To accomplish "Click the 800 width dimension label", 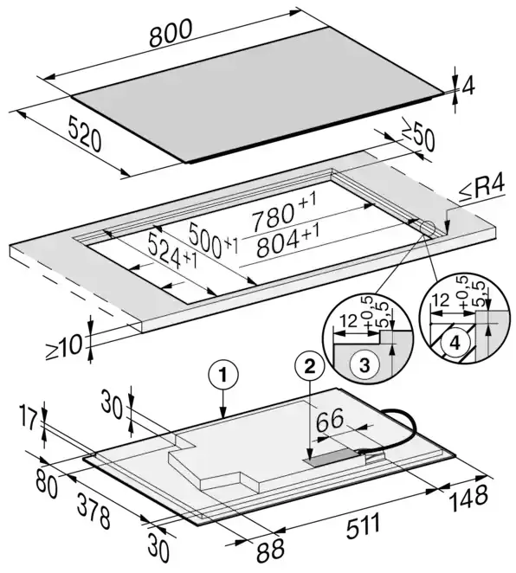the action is (x=171, y=33).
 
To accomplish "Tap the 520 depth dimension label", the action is (x=85, y=133).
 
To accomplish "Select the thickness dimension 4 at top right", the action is (x=468, y=87).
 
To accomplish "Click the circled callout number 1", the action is (x=223, y=375).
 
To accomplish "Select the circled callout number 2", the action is (x=310, y=366).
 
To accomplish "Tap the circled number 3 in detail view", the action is (x=364, y=365).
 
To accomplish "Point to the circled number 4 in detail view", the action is (x=455, y=343).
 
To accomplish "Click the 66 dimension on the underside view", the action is (x=330, y=421).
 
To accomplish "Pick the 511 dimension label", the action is (x=364, y=525).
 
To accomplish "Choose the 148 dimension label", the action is (x=469, y=498).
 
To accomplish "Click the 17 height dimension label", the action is (x=29, y=421).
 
